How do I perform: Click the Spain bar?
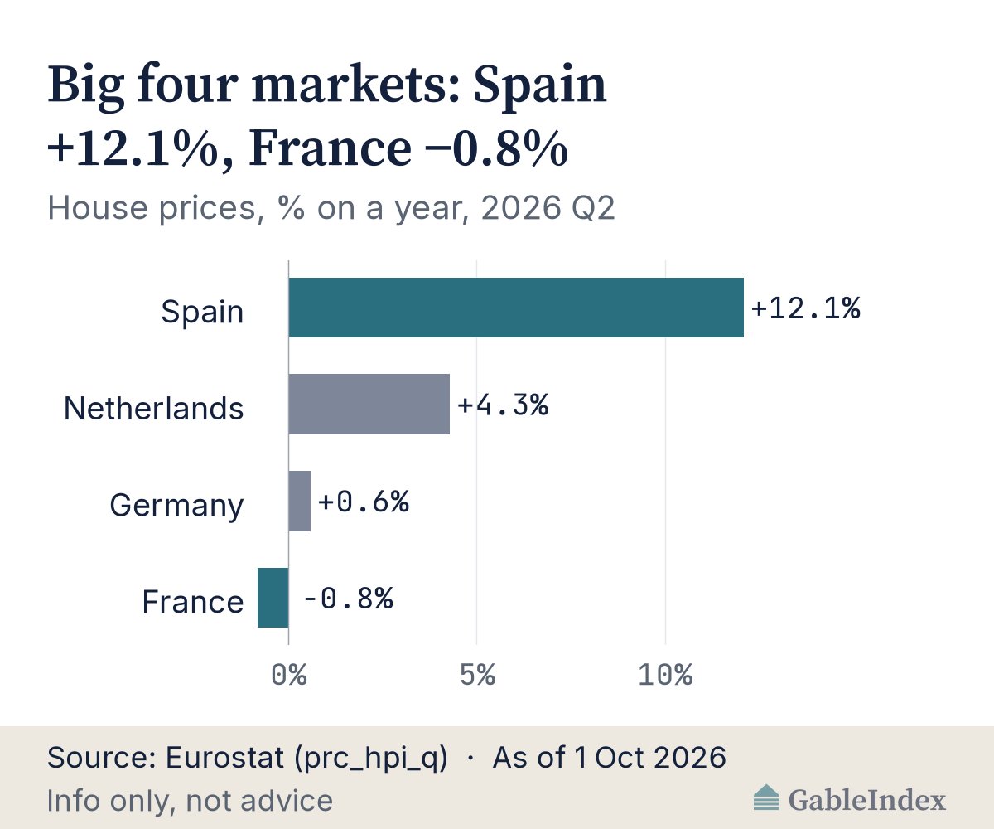pyautogui.click(x=516, y=308)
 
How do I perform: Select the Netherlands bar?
pyautogui.click(x=369, y=404)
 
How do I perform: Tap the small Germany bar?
pyautogui.click(x=299, y=502)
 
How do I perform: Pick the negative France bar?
pyautogui.click(x=273, y=598)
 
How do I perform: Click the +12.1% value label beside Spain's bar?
pyautogui.click(x=806, y=308)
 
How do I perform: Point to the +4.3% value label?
pyautogui.click(x=503, y=405)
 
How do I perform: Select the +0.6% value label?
pyautogui.click(x=364, y=502)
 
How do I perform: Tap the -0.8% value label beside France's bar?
pyautogui.click(x=349, y=598)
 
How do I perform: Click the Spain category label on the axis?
pyautogui.click(x=202, y=313)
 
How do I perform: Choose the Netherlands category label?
pyautogui.click(x=154, y=409)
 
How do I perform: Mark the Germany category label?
pyautogui.click(x=176, y=506)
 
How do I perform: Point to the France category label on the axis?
pyautogui.click(x=193, y=602)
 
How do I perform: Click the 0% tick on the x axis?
pyautogui.click(x=289, y=675)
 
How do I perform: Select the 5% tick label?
pyautogui.click(x=477, y=675)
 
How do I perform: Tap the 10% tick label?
pyautogui.click(x=665, y=675)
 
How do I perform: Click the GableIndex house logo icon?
pyautogui.click(x=766, y=797)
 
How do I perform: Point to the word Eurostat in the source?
pyautogui.click(x=224, y=757)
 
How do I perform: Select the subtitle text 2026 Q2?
pyautogui.click(x=548, y=208)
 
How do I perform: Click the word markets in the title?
pyautogui.click(x=356, y=85)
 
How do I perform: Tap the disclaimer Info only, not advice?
pyautogui.click(x=190, y=801)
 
